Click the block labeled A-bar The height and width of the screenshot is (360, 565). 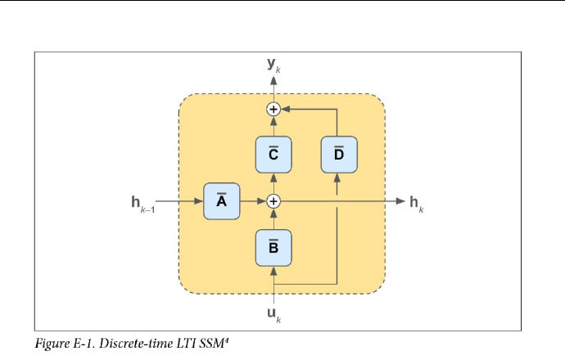click(221, 201)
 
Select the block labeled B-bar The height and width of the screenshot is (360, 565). click(273, 247)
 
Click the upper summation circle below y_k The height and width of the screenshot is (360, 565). click(273, 109)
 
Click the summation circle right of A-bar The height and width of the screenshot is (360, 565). click(273, 201)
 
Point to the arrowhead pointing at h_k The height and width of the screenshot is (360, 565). click(399, 201)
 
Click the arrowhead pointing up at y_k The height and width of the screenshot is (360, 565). click(273, 79)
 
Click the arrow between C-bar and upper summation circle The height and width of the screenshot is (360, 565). click(273, 126)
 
